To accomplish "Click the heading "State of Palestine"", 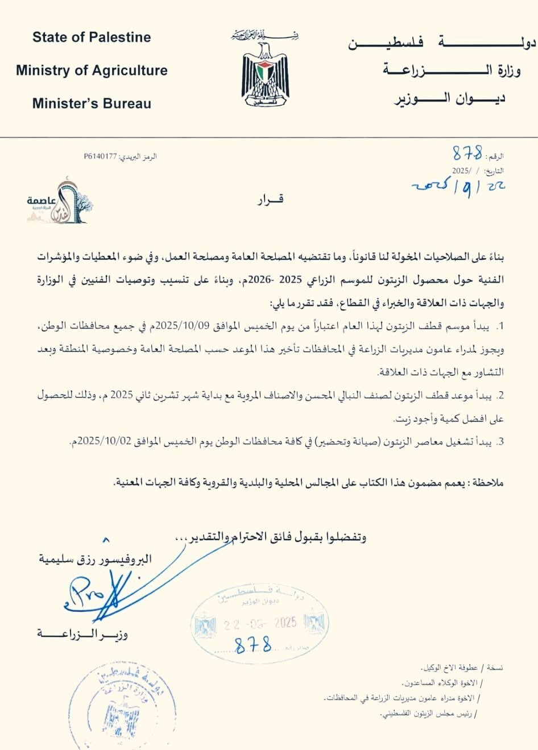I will coord(92,38).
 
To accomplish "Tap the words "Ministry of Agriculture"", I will coord(92,71).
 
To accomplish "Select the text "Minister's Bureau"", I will coord(92,103).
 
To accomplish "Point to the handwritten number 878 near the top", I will coord(467,153).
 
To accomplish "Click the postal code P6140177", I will coord(100,156).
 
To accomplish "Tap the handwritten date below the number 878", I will coord(458,188).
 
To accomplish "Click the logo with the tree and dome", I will coord(60,202).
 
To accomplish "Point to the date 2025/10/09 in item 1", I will coord(180,326).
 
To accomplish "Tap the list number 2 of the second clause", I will coord(500,396).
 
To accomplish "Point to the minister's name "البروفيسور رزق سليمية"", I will coord(95,559).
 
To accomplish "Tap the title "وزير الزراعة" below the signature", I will coord(82,633).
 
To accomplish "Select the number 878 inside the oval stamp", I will coord(253,645).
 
